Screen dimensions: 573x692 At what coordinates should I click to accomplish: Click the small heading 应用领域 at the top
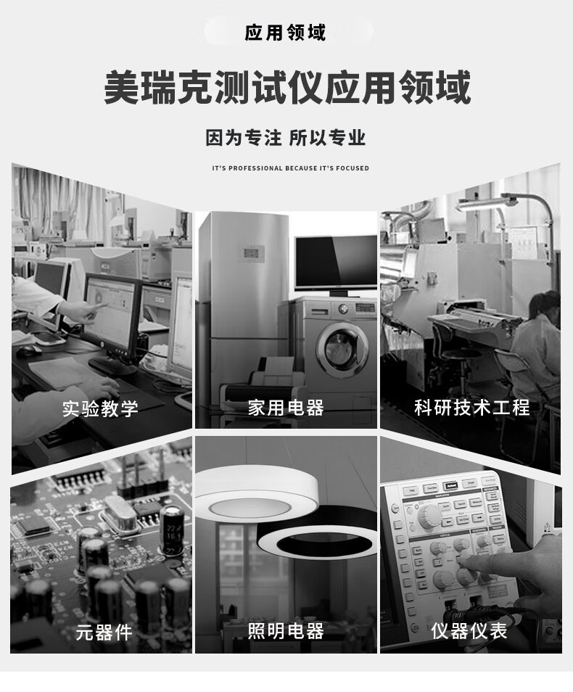[x=285, y=33]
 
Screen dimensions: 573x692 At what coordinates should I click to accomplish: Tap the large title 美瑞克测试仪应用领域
[x=287, y=87]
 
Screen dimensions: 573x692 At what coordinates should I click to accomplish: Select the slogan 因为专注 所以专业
[x=286, y=138]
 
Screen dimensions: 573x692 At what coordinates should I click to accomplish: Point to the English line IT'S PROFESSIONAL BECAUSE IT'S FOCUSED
[x=290, y=168]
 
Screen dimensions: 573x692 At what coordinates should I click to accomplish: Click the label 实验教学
[x=100, y=409]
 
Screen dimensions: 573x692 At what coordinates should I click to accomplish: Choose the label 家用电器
[x=286, y=408]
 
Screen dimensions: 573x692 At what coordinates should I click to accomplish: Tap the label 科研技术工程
[x=472, y=408]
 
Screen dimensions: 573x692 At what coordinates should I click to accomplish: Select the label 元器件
[x=104, y=633]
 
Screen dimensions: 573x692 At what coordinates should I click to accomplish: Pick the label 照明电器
[x=286, y=631]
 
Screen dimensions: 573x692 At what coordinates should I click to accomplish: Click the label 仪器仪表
[x=469, y=630]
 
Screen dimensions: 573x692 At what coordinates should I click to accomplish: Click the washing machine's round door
[x=342, y=350]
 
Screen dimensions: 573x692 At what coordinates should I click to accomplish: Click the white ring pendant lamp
[x=257, y=491]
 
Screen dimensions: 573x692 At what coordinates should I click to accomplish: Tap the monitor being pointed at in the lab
[x=113, y=320]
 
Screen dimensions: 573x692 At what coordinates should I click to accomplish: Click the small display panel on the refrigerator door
[x=253, y=254]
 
